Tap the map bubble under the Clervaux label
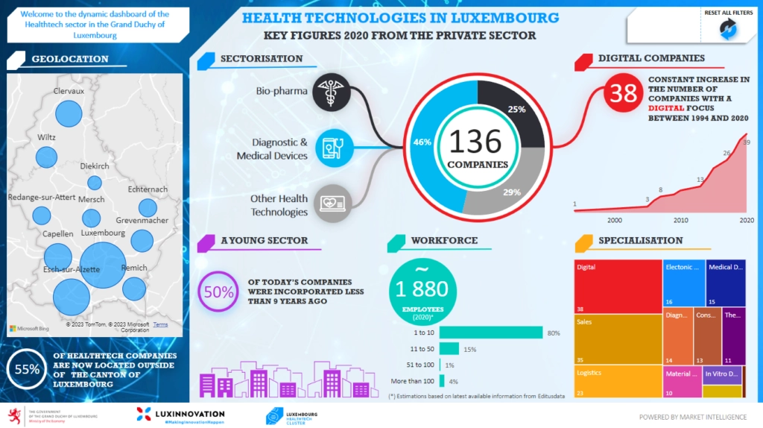click(69, 114)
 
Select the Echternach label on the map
click(148, 189)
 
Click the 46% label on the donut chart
click(422, 142)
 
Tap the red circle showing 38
click(622, 93)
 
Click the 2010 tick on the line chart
click(680, 220)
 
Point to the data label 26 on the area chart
click(726, 154)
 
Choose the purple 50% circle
click(218, 292)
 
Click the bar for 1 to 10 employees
click(490, 333)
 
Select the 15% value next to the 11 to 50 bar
click(470, 349)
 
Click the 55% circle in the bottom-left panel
click(26, 369)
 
